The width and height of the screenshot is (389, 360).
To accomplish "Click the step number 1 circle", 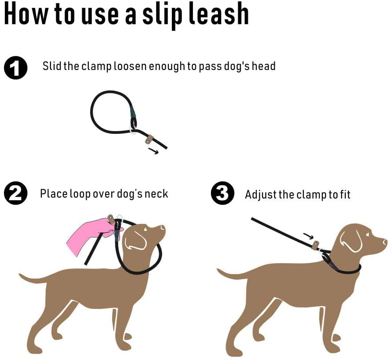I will (x=15, y=68).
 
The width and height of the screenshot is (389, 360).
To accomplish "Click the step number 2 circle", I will (x=15, y=194).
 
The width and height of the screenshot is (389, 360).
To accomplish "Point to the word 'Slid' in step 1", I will (x=52, y=66).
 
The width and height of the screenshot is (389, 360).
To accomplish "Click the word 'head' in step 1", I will (x=263, y=66).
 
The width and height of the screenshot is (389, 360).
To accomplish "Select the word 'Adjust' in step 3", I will (x=260, y=195).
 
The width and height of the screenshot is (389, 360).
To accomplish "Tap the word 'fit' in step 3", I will (x=344, y=195).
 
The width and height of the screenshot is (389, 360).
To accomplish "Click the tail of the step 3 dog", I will (x=233, y=275).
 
